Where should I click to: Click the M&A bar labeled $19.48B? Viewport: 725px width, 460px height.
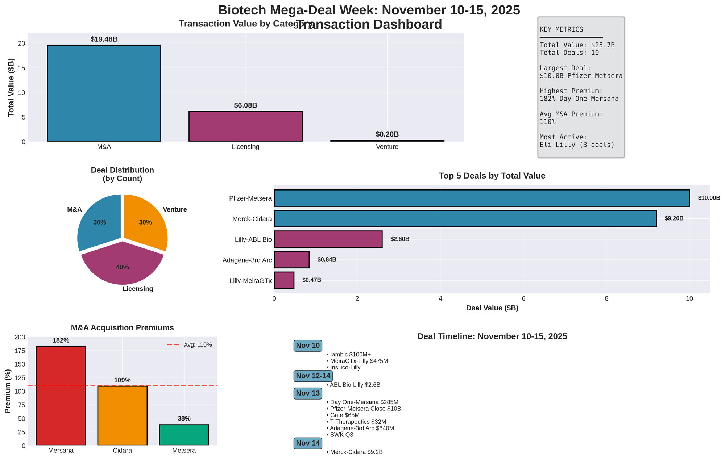(x=104, y=93)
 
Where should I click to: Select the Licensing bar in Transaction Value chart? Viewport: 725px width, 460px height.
(x=245, y=126)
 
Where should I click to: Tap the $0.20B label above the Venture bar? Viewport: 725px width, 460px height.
(x=387, y=134)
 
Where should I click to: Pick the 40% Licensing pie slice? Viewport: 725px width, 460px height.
(x=123, y=264)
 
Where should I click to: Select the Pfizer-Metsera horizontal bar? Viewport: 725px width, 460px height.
(x=482, y=198)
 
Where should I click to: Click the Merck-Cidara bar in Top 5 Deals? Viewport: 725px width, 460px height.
(x=465, y=219)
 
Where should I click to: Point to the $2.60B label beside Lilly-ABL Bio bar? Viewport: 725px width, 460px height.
(x=400, y=239)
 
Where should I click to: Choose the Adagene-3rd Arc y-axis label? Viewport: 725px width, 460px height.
(x=247, y=260)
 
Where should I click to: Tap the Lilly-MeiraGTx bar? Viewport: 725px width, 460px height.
(x=284, y=280)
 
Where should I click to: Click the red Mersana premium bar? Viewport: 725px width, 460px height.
(x=61, y=396)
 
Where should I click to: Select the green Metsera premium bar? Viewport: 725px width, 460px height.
(x=184, y=435)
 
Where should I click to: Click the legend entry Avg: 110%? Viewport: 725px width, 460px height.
(x=190, y=345)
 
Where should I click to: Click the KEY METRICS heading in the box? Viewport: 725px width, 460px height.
(x=561, y=30)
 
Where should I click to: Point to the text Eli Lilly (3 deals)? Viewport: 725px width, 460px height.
(x=577, y=145)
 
